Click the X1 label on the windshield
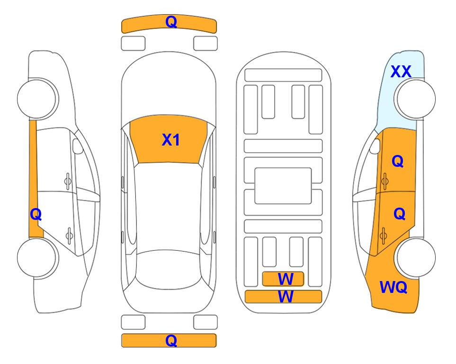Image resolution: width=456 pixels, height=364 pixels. (171, 140)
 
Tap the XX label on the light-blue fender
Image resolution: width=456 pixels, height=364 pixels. (401, 72)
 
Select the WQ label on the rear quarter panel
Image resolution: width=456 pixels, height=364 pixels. (393, 287)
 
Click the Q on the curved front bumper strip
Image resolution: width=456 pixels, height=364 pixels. (171, 22)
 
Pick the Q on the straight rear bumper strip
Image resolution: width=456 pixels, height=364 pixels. (171, 340)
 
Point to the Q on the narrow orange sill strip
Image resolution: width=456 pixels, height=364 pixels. (36, 215)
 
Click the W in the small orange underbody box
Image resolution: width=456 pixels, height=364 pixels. (286, 279)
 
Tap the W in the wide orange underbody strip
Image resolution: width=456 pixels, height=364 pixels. (286, 297)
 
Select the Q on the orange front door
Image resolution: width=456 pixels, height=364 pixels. (398, 161)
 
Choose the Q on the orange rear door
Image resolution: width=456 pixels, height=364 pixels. (399, 214)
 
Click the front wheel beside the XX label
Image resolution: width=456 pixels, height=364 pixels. (416, 99)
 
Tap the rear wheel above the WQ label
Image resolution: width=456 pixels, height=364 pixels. (416, 257)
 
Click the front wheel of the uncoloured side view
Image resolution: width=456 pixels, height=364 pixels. (37, 99)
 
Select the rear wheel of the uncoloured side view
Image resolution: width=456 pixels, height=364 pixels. (37, 257)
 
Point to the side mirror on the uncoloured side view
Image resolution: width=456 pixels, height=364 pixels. (78, 146)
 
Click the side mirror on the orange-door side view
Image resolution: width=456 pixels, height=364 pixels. (375, 146)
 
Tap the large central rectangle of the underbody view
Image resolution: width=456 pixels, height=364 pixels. (283, 186)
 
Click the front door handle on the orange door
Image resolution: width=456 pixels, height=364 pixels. (384, 181)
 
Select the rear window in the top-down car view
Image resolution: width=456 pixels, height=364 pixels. (171, 270)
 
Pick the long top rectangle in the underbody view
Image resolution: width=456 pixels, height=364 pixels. (283, 75)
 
